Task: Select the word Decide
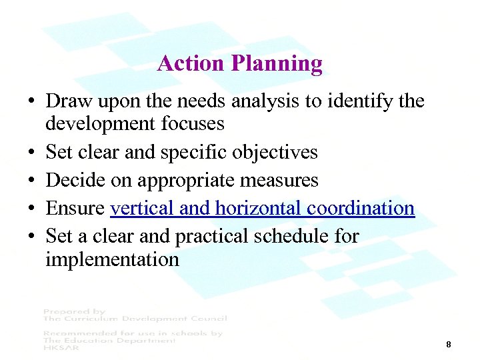point(71,180)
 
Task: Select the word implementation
point(112,259)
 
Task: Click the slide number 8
point(449,345)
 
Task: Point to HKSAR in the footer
point(59,347)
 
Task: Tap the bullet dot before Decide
point(31,181)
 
